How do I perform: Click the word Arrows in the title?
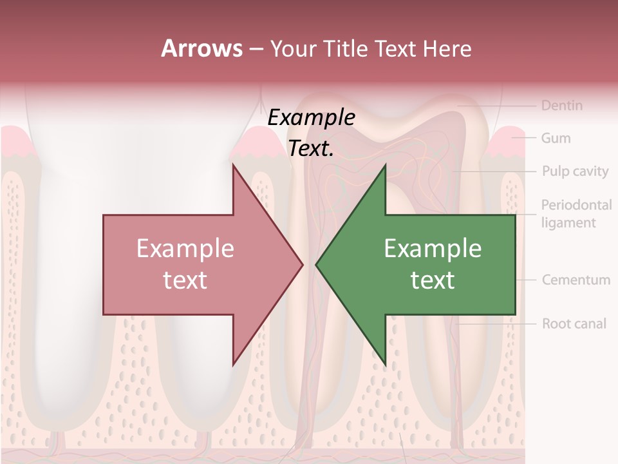(201, 48)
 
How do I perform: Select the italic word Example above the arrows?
(311, 118)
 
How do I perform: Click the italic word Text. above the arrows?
(311, 149)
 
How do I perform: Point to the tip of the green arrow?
(317, 264)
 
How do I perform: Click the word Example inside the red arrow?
(185, 249)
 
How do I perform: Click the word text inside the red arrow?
(185, 280)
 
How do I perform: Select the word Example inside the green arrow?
(433, 249)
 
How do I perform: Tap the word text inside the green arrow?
(433, 280)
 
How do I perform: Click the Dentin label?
(561, 105)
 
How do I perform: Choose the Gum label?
(556, 138)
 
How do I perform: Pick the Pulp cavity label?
(575, 171)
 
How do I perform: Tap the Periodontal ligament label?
(576, 214)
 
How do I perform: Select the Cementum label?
(576, 280)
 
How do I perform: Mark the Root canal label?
(574, 324)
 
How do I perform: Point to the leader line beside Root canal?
(496, 324)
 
